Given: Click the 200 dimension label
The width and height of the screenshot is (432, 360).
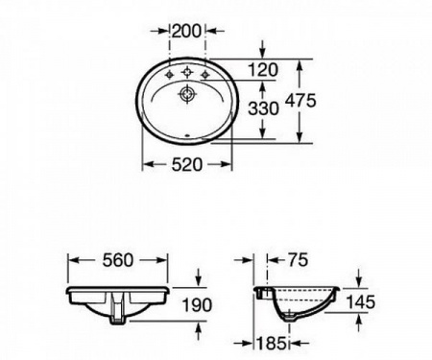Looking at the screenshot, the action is pyautogui.click(x=187, y=31).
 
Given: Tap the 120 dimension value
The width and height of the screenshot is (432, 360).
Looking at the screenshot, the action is pyautogui.click(x=263, y=70).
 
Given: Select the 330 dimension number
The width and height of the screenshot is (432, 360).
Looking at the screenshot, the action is pyautogui.click(x=264, y=108).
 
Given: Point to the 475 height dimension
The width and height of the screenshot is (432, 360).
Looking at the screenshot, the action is pyautogui.click(x=300, y=100).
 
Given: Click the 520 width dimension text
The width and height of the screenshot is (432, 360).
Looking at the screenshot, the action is pyautogui.click(x=187, y=164).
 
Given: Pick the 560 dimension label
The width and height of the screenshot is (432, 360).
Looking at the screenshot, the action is pyautogui.click(x=117, y=260).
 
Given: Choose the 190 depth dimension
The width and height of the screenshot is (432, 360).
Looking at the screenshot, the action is pyautogui.click(x=197, y=304).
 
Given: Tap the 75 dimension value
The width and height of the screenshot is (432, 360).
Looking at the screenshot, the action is pyautogui.click(x=298, y=259).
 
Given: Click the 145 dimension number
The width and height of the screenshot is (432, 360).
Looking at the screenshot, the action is pyautogui.click(x=361, y=301).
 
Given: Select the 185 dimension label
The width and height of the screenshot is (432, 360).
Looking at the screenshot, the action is pyautogui.click(x=272, y=344).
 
